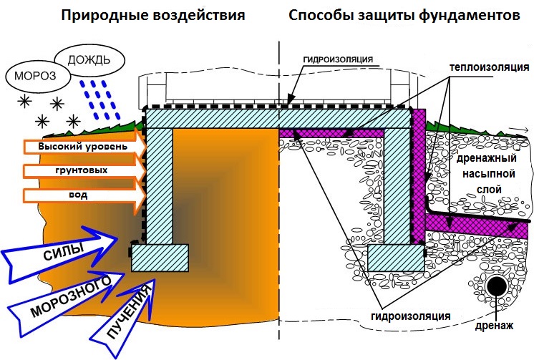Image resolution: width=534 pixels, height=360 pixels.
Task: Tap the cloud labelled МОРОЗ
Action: (x=28, y=74)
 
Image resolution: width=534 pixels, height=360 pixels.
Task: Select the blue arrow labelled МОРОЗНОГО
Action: (x=68, y=293)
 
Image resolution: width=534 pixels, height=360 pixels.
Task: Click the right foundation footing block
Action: (x=396, y=256)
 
